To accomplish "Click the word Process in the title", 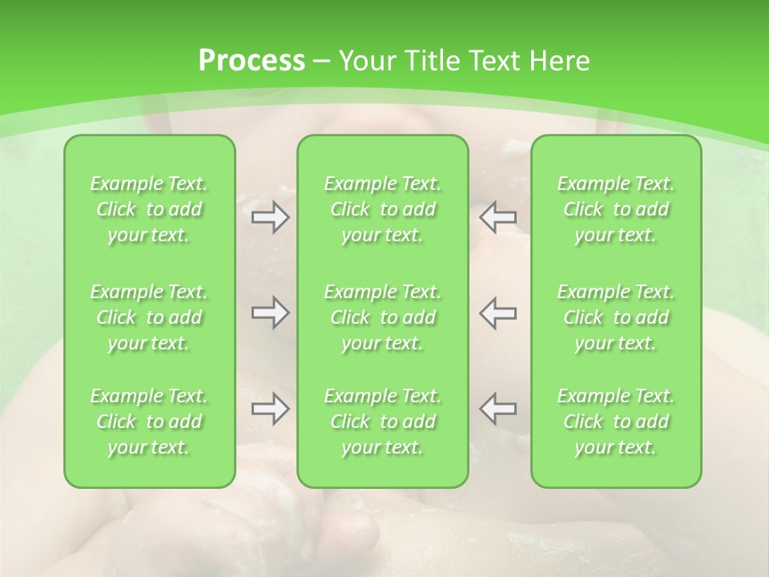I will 252,61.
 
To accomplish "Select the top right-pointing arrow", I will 271,217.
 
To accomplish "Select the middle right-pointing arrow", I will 271,313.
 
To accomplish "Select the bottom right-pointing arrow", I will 271,410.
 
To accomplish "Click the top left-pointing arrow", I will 498,217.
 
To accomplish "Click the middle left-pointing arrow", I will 498,313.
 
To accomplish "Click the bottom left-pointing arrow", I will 498,410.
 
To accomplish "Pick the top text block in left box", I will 149,209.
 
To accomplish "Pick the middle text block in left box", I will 149,317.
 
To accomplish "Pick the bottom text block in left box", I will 149,422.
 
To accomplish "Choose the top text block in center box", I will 383,209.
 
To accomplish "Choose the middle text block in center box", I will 383,317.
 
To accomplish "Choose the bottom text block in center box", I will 383,422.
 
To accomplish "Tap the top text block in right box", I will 616,209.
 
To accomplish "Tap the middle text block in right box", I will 616,317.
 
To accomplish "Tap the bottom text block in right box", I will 616,422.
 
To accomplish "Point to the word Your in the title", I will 367,61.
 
